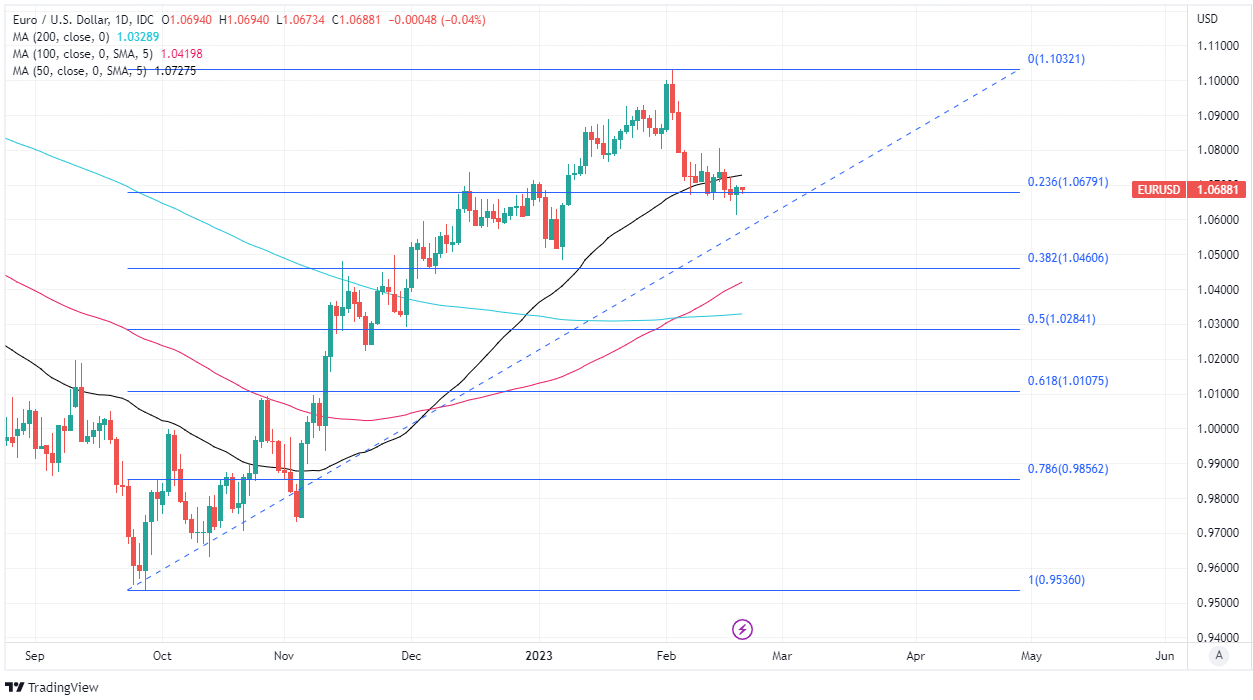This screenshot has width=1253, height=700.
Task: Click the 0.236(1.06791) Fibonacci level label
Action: pyautogui.click(x=1067, y=182)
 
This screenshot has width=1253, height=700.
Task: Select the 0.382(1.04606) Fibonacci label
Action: pyautogui.click(x=1067, y=258)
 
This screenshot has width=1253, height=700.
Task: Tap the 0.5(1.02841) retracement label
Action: pyautogui.click(x=1061, y=319)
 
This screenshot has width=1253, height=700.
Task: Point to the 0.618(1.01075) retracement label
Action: pyautogui.click(x=1067, y=381)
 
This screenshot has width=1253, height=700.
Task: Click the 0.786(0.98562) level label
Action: pyautogui.click(x=1067, y=468)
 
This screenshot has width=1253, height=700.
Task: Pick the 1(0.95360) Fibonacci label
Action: pyautogui.click(x=1057, y=580)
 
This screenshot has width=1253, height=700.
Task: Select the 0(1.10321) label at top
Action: pyautogui.click(x=1056, y=59)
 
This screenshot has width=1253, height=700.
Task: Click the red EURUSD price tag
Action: pyautogui.click(x=1159, y=190)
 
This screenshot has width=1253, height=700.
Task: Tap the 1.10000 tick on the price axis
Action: pyautogui.click(x=1221, y=81)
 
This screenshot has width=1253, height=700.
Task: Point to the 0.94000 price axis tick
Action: pyautogui.click(x=1221, y=638)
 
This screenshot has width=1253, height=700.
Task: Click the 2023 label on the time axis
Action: pyautogui.click(x=538, y=656)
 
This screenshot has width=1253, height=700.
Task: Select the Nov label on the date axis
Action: pyautogui.click(x=283, y=656)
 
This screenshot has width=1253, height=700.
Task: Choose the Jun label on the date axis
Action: pyautogui.click(x=1164, y=656)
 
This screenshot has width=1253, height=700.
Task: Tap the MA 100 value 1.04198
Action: pyautogui.click(x=182, y=53)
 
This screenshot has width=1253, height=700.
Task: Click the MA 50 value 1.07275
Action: pyautogui.click(x=176, y=70)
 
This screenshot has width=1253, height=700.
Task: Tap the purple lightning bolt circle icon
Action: pyautogui.click(x=742, y=629)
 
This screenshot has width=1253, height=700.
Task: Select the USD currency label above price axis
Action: pyautogui.click(x=1207, y=18)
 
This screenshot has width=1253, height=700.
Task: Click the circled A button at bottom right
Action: pyautogui.click(x=1217, y=656)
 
